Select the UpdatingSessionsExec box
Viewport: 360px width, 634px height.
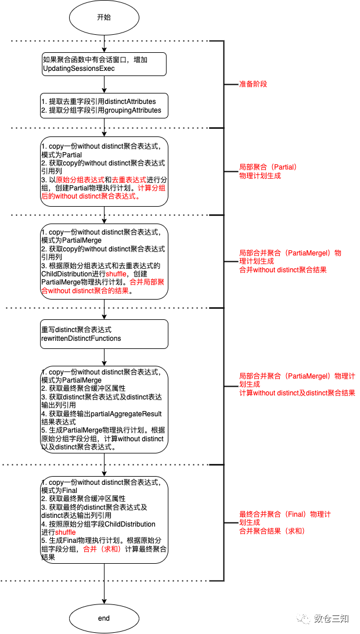tap(104, 64)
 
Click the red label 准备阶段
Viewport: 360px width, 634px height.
tap(253, 84)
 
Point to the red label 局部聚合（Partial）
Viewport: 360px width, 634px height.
tap(268, 167)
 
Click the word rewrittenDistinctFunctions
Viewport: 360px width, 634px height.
tap(81, 338)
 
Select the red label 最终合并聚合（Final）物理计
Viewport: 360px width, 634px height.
tap(285, 514)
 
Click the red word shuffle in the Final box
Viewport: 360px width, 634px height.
tap(66, 532)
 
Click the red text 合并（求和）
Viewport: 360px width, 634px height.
tap(102, 549)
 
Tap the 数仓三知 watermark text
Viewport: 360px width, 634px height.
tap(332, 618)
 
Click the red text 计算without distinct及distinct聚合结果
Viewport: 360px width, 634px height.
tap(297, 393)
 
